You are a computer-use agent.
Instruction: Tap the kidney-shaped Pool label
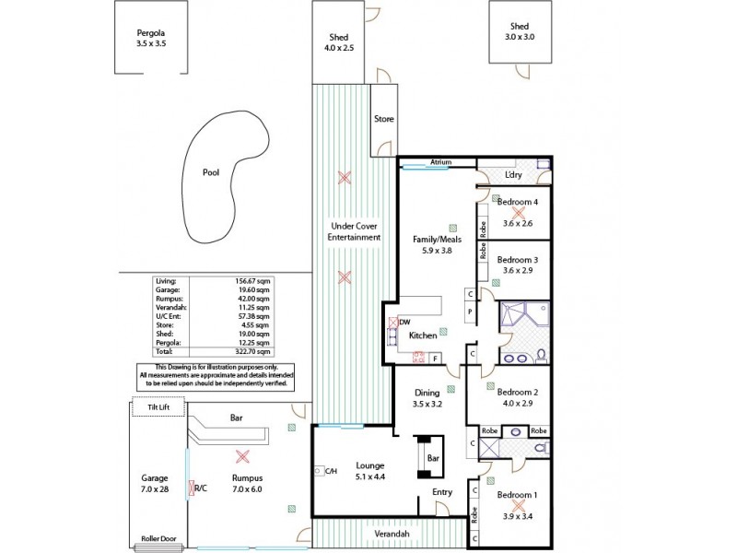pos(212,171)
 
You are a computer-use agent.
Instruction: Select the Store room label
pos(383,119)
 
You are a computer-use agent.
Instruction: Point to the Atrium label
pos(440,162)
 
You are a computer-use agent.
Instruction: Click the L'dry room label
pos(514,175)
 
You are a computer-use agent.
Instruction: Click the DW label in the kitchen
pos(404,322)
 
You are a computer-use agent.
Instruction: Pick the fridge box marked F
pos(435,357)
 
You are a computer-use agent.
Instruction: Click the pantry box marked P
pos(470,312)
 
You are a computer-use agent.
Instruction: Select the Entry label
pos(442,492)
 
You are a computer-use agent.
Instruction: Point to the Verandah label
pos(392,535)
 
